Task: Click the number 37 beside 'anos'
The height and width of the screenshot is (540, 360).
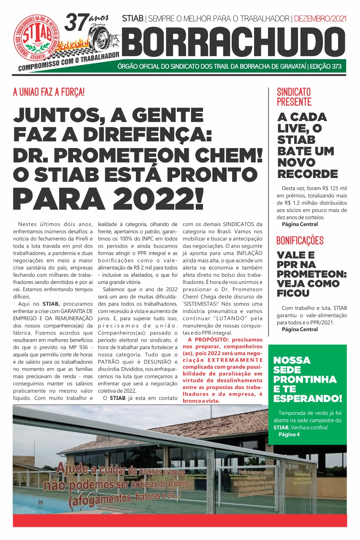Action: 77,22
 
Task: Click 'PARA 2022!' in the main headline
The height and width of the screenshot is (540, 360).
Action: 108,197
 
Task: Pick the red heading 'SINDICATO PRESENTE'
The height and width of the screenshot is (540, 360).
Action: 294,97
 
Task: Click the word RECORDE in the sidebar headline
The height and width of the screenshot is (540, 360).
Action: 308,174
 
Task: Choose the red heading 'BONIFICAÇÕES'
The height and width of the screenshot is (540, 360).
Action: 300,240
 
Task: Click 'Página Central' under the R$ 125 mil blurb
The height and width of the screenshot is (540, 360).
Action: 300,224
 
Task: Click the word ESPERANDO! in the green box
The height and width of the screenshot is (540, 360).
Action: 308,399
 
